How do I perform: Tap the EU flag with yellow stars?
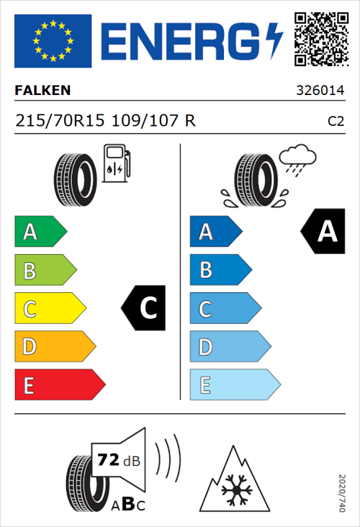click(x=53, y=40)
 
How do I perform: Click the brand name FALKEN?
click(x=44, y=91)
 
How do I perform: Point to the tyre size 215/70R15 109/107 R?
click(x=104, y=120)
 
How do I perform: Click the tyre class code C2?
click(x=336, y=121)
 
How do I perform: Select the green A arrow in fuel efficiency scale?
click(x=40, y=233)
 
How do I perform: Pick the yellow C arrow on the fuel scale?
click(x=49, y=309)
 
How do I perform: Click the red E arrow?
click(x=59, y=385)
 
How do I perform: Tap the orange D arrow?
click(x=54, y=347)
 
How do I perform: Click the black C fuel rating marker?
click(x=145, y=309)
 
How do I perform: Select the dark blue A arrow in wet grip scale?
click(x=215, y=233)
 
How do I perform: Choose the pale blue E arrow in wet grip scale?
click(x=234, y=385)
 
